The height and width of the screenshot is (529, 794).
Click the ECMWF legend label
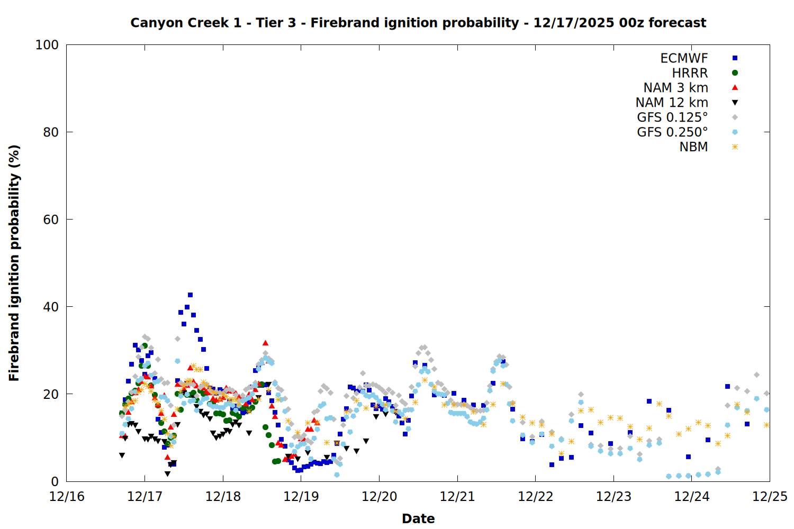(x=684, y=58)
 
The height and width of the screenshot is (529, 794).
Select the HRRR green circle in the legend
(x=735, y=73)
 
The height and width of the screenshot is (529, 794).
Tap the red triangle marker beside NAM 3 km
(x=735, y=87)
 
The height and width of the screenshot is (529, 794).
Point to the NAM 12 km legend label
(x=672, y=103)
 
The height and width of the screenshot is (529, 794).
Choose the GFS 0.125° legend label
(x=672, y=117)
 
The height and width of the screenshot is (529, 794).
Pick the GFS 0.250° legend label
(x=672, y=132)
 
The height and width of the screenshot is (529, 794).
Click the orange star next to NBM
(x=735, y=147)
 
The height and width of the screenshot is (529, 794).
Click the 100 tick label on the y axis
(x=47, y=45)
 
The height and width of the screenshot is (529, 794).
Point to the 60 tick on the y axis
(x=51, y=220)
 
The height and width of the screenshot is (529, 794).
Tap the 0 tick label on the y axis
(x=55, y=481)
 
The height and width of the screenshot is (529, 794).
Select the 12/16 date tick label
(x=67, y=497)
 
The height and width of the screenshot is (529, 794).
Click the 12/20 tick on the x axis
(x=379, y=497)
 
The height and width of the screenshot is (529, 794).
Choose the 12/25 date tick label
(x=770, y=497)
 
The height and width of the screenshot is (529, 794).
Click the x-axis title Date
(x=418, y=518)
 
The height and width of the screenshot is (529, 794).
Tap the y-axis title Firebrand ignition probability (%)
(x=14, y=263)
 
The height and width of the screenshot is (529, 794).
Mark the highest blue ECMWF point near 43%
(x=190, y=295)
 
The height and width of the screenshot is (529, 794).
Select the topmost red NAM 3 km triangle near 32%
(x=265, y=343)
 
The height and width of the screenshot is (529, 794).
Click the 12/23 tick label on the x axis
(x=613, y=497)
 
